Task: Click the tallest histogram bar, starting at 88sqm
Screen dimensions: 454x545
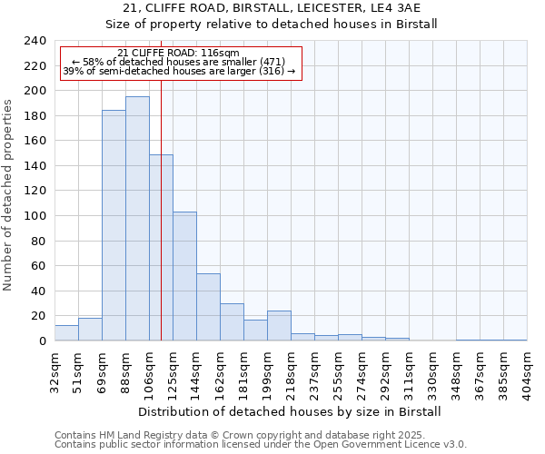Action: (137, 219)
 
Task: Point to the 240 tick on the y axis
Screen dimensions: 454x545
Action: (35, 41)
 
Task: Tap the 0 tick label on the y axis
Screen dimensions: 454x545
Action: (42, 341)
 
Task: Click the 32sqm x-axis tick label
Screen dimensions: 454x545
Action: (55, 368)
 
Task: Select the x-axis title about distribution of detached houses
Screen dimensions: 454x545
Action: (290, 411)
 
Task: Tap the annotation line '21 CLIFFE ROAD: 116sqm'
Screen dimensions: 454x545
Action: (179, 54)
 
